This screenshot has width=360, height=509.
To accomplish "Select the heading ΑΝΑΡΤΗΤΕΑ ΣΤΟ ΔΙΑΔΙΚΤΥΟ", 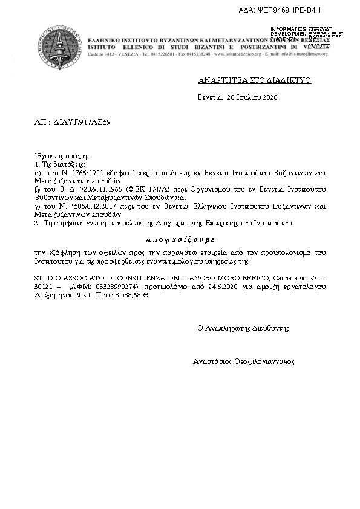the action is [255, 80].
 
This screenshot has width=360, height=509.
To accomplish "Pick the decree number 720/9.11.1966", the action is [91, 189].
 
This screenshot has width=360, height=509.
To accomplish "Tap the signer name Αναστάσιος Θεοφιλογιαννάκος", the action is [243, 361].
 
